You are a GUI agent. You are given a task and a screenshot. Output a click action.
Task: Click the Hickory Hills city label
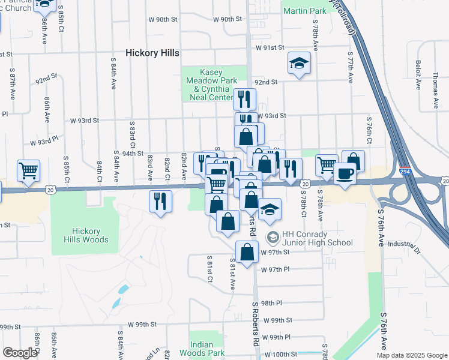(152, 53)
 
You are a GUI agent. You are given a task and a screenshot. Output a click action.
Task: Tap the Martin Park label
(304, 11)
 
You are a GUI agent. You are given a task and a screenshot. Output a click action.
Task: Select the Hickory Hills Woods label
(90, 235)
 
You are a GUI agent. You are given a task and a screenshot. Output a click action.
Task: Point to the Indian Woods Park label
(208, 349)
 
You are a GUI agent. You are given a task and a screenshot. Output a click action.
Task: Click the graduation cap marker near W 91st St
(298, 63)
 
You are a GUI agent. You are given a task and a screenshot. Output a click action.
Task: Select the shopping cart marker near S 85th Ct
(28, 171)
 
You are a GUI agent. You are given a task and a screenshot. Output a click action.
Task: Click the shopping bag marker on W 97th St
(247, 252)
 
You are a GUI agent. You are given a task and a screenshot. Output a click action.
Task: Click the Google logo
(20, 352)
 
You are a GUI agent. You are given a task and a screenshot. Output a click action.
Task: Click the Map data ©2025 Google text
(411, 355)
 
